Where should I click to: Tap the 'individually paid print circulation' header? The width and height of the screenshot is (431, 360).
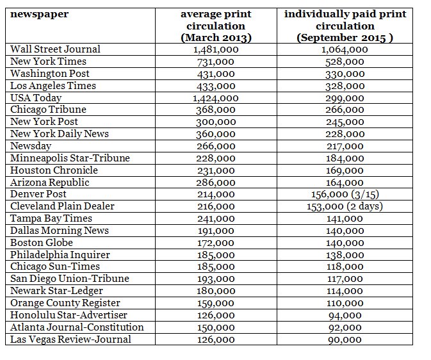[345, 26]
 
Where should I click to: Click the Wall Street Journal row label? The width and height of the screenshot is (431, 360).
[56, 49]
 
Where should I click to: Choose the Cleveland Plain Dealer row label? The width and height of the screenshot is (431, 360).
[63, 206]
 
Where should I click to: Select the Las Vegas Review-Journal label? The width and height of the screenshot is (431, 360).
[71, 340]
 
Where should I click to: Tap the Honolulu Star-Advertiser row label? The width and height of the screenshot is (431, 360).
[69, 315]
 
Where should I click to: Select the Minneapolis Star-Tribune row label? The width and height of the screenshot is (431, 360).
[70, 158]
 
